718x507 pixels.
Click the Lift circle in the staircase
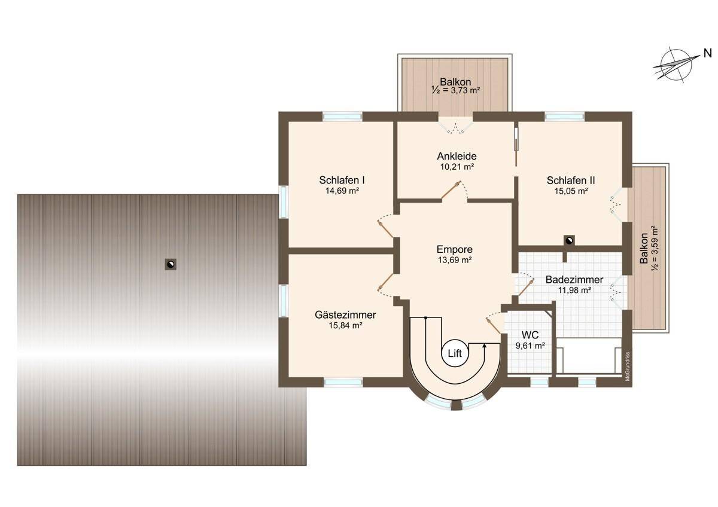tap(455, 353)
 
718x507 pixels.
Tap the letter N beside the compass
tap(707, 53)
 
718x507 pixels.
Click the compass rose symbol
tap(676, 65)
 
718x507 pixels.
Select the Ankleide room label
tap(457, 156)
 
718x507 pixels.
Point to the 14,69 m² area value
tap(342, 191)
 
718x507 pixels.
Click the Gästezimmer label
tap(345, 315)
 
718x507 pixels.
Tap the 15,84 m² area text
tap(345, 326)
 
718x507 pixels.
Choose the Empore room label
tap(455, 249)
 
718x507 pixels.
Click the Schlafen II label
tap(571, 181)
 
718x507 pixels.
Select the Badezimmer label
tap(574, 280)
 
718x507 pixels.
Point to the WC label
tap(530, 335)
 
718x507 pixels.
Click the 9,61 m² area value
tap(530, 346)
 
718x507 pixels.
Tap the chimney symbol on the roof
tap(171, 264)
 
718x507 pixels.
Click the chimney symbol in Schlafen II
tap(569, 240)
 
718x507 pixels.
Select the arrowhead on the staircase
tap(484, 345)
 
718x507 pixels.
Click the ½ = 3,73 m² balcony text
tap(455, 90)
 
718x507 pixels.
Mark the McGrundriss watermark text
tap(627, 366)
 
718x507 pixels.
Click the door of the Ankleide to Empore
tap(451, 190)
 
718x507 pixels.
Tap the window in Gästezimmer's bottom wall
tap(343, 382)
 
